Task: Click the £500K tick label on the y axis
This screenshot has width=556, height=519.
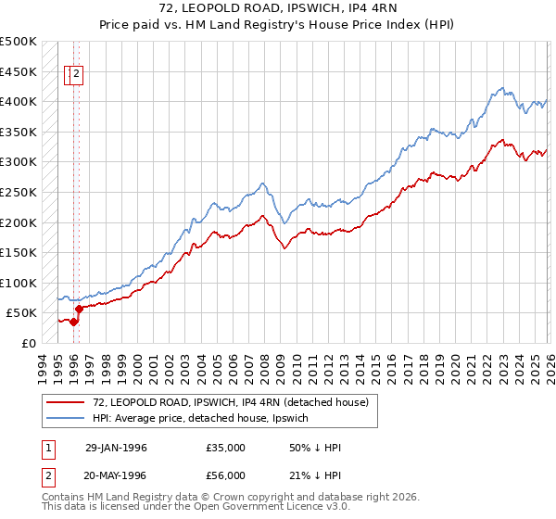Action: pyautogui.click(x=19, y=42)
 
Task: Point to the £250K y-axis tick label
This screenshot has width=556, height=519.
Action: pyautogui.click(x=19, y=192)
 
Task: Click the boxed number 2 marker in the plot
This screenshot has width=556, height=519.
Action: pyautogui.click(x=77, y=76)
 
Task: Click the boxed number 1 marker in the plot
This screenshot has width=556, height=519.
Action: pyautogui.click(x=70, y=76)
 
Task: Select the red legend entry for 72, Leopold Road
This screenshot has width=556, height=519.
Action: pyautogui.click(x=231, y=402)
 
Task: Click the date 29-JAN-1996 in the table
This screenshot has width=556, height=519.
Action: pyautogui.click(x=116, y=448)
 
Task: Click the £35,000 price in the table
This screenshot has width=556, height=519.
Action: pyautogui.click(x=225, y=448)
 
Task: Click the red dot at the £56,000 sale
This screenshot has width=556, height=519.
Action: pyautogui.click(x=79, y=309)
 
